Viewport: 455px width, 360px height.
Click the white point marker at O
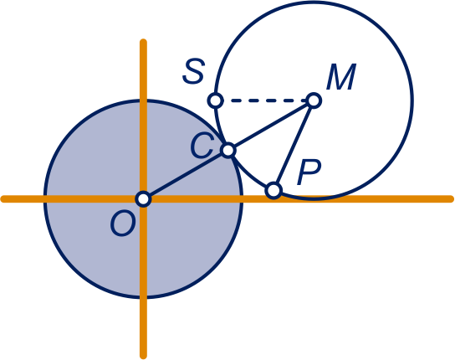click(143, 199)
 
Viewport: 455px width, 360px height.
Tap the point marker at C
click(228, 150)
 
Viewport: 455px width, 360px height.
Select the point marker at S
click(215, 100)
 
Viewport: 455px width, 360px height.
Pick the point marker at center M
click(314, 100)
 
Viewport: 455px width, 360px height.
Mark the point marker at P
click(274, 191)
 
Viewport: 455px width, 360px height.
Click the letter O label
click(123, 224)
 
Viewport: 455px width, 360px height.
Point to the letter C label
click(202, 146)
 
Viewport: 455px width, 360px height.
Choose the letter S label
click(193, 71)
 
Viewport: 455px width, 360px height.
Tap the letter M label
click(341, 77)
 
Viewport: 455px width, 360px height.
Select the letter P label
click(309, 172)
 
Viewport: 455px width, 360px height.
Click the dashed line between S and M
click(264, 100)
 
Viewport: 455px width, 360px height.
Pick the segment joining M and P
click(294, 146)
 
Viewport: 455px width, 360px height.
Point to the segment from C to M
click(271, 126)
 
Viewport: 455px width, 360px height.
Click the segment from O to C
click(186, 175)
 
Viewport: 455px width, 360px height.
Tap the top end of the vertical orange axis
click(143, 41)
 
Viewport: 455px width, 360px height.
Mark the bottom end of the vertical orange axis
click(143, 357)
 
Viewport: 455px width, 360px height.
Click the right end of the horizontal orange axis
click(452, 199)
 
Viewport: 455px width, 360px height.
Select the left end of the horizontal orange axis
click(3, 199)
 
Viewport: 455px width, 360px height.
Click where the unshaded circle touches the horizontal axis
click(314, 199)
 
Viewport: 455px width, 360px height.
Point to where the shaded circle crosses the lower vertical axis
click(143, 296)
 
